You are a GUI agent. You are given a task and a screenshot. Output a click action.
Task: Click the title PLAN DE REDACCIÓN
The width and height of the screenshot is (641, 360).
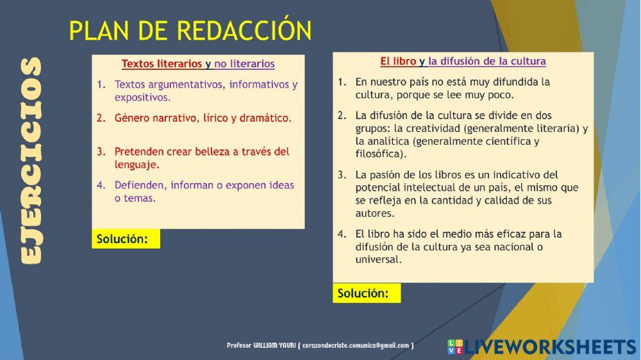point(190,31)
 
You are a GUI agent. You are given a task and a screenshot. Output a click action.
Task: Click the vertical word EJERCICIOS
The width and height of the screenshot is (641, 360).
point(30,160)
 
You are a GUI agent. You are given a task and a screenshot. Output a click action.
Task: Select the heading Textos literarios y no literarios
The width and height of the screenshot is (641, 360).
point(198,64)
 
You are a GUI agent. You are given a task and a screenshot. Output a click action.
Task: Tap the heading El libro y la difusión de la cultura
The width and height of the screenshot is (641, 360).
point(463,61)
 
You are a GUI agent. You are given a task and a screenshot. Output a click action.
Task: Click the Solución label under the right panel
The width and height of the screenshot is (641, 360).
point(363,293)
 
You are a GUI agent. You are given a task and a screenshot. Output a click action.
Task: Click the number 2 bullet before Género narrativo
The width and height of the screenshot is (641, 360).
point(101,118)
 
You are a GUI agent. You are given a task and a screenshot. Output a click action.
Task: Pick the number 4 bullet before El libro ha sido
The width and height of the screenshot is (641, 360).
point(342,234)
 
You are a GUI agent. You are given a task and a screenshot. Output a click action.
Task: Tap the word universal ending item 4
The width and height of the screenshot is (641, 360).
point(378,259)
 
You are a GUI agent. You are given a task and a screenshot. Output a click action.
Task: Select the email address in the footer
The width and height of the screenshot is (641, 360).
point(356,345)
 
